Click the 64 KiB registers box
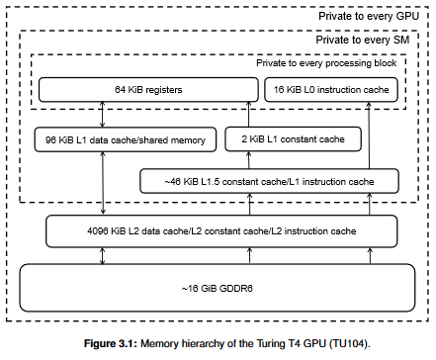148,90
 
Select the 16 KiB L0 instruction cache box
331,90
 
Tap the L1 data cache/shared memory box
126,139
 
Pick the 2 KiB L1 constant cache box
293,139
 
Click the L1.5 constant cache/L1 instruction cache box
269,181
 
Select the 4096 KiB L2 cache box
221,231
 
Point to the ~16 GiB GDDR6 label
218,289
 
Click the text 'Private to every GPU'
369,16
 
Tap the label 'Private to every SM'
363,40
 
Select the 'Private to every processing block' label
326,63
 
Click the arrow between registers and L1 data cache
102,115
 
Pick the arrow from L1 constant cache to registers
248,115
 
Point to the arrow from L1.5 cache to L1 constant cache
249,160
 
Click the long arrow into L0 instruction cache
369,135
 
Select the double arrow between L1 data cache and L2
103,183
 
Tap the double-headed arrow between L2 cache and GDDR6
102,256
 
